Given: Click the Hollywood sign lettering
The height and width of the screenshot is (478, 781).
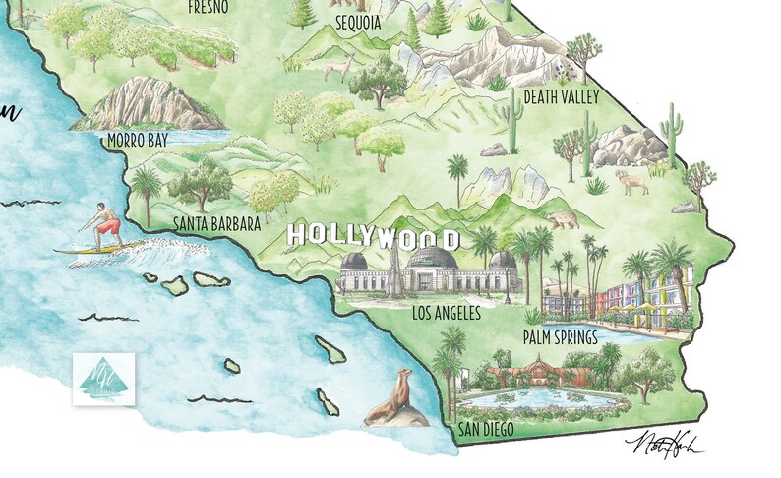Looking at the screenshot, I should [x=371, y=237].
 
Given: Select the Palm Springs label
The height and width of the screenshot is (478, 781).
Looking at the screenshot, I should [x=560, y=338].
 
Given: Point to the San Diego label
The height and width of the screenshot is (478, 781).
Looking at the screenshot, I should [x=486, y=430].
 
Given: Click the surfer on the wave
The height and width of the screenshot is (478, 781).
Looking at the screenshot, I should [x=102, y=226].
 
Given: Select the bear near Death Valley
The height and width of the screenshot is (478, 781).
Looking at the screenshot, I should [x=563, y=220].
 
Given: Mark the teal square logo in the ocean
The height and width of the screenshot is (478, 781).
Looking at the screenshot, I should [x=103, y=380].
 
